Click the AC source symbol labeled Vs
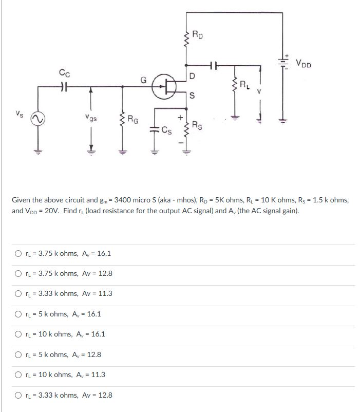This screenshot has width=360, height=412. [x=36, y=119]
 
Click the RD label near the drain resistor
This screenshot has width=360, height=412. [x=198, y=35]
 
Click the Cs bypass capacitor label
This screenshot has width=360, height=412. [x=167, y=129]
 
